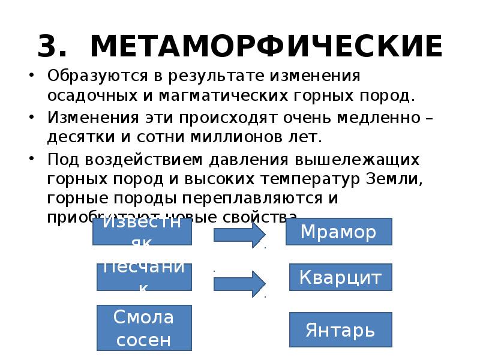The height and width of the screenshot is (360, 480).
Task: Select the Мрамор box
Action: (x=338, y=232)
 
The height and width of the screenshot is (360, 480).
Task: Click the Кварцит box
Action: (x=340, y=278)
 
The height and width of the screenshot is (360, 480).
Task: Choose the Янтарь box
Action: (x=340, y=329)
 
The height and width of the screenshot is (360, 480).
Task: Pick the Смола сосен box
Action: (x=144, y=328)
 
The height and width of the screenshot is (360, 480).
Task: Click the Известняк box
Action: (x=142, y=232)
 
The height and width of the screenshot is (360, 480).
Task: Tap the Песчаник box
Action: (x=144, y=277)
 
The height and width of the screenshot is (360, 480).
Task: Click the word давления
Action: (x=248, y=160)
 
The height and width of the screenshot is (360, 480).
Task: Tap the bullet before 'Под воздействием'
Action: (x=32, y=160)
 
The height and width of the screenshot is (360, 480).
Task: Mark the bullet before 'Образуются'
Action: (x=32, y=77)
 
